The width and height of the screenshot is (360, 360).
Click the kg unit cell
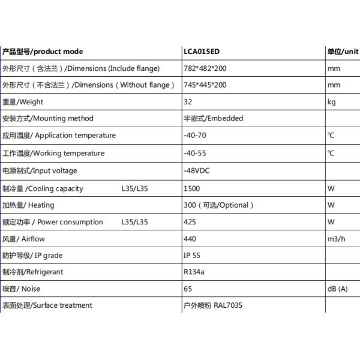click(x=331, y=102)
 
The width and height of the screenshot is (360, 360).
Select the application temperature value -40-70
click(x=194, y=136)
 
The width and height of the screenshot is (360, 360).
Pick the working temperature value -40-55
click(x=194, y=153)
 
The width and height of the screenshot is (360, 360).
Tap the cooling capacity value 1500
click(x=191, y=188)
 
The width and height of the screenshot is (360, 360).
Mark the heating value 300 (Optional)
click(x=218, y=205)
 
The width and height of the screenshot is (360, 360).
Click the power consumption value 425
click(x=190, y=222)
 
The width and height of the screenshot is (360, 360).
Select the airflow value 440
click(x=190, y=239)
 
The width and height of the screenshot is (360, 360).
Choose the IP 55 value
click(x=191, y=256)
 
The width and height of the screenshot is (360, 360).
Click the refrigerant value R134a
click(x=194, y=272)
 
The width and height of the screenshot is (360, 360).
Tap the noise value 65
click(x=187, y=289)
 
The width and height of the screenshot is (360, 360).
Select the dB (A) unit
click(x=337, y=289)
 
